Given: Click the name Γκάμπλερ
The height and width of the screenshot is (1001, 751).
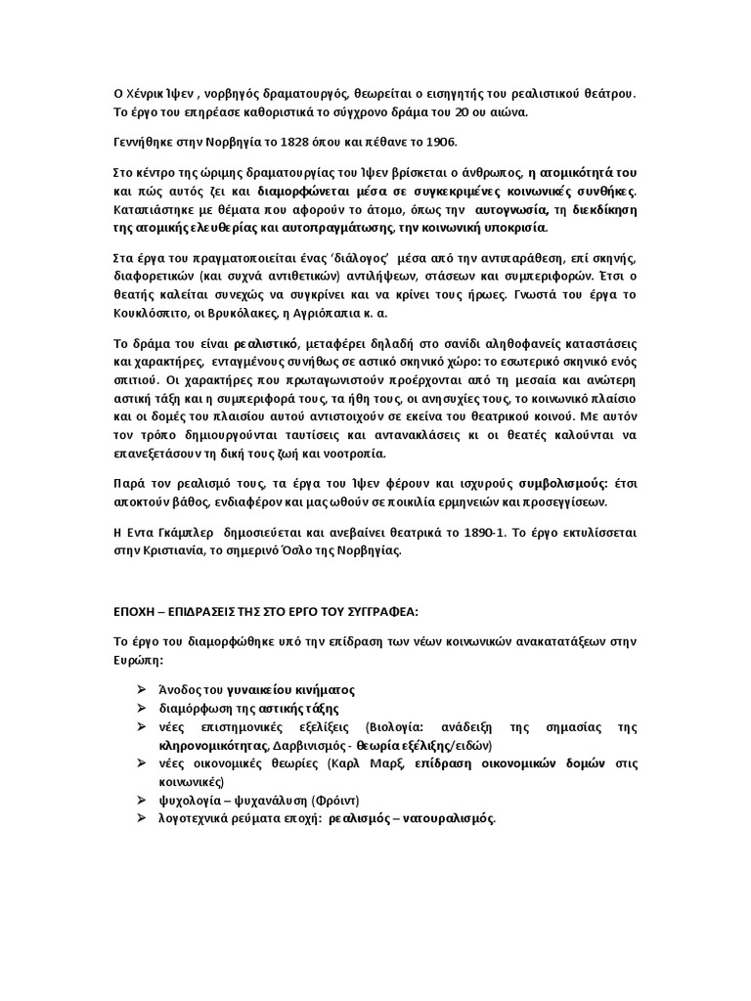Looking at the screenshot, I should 180,535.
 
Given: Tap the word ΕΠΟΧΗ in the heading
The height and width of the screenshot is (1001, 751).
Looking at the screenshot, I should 132,611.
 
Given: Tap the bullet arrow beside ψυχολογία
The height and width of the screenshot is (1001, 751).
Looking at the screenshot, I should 145,800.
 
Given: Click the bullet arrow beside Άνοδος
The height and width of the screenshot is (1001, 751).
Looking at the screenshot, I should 145,689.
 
